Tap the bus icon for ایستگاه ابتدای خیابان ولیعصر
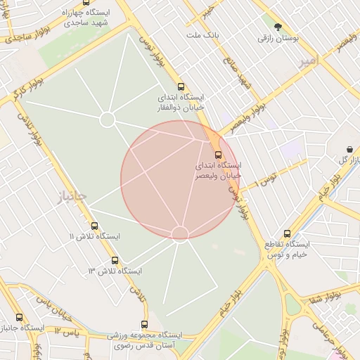[218, 154]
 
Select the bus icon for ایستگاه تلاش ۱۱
[95, 226]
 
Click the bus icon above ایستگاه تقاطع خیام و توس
[287, 233]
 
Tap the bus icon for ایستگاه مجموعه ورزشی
[144, 324]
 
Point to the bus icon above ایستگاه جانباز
[18, 317]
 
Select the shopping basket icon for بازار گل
[350, 149]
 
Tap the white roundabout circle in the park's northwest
[107, 120]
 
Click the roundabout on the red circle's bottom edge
[180, 233]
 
